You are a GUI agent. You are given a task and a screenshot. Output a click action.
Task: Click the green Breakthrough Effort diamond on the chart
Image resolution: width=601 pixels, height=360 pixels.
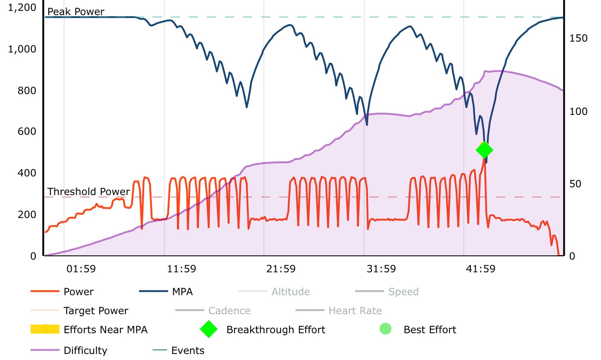[484, 150]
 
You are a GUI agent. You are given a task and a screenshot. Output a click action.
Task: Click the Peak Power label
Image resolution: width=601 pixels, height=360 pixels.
[76, 12]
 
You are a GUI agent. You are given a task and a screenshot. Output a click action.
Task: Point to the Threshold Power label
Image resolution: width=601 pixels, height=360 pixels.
[88, 192]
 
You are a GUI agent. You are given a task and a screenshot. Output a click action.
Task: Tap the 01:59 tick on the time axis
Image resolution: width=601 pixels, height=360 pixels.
[81, 269]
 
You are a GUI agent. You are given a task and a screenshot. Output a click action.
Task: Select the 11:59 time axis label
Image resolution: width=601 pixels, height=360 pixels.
[181, 269]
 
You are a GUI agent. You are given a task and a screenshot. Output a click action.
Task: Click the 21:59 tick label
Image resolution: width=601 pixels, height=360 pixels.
[281, 269]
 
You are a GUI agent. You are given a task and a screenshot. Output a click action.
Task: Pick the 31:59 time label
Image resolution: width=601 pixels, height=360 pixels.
[381, 269]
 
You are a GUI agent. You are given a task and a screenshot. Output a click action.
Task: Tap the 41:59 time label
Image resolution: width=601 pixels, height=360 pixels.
[480, 269]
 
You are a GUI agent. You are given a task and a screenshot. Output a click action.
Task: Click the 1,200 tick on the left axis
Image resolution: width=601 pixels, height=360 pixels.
[22, 8]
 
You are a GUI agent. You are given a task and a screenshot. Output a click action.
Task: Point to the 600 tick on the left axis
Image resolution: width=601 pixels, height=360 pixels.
[27, 132]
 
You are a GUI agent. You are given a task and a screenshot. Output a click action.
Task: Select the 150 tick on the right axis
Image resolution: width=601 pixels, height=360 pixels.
[578, 38]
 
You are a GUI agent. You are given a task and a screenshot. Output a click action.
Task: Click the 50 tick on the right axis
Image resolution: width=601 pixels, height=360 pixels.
[575, 184]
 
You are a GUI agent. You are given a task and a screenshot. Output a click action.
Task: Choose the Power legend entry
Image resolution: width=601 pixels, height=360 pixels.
[79, 292]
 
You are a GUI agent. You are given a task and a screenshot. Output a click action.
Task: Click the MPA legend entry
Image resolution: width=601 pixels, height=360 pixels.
[182, 292]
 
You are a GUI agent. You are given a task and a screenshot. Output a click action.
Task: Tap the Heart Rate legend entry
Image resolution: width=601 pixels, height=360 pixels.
[355, 311]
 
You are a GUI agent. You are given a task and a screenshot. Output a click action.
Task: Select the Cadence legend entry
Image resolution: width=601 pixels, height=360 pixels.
[229, 311]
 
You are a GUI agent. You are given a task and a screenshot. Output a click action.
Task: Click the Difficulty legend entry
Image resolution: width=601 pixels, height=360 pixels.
[85, 351]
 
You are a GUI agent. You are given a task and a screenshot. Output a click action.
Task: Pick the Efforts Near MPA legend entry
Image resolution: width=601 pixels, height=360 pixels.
[105, 330]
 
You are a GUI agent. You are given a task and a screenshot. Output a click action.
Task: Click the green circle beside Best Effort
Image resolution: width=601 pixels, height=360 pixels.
[385, 329]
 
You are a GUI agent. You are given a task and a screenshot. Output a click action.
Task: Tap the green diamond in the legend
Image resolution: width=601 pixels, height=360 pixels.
[209, 329]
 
